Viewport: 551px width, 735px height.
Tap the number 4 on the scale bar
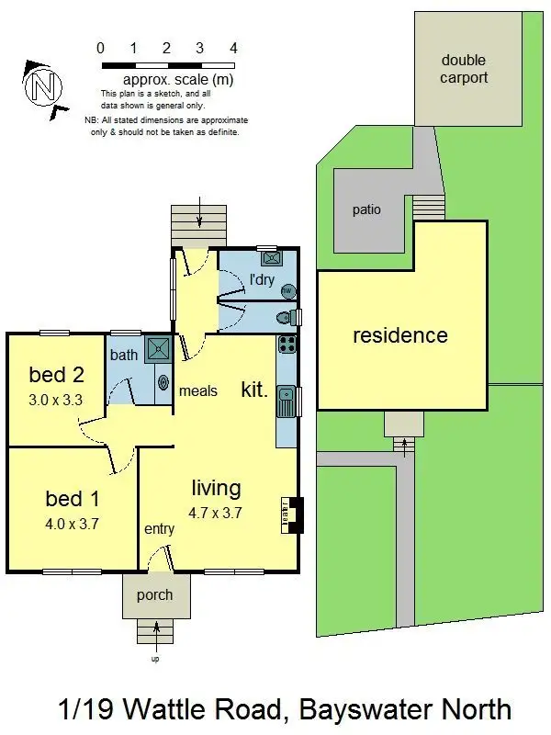click(233, 48)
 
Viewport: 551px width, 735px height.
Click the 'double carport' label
click(463, 69)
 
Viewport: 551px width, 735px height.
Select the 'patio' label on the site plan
click(366, 209)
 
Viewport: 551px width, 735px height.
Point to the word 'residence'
click(400, 335)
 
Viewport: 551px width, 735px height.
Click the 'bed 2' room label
click(56, 375)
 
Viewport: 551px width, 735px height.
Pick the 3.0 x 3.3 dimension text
click(56, 400)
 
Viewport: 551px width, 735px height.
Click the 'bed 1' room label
click(73, 499)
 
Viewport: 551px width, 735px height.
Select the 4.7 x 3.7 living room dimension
click(217, 514)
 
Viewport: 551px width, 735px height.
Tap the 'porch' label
click(154, 594)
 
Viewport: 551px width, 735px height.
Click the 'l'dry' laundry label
click(263, 279)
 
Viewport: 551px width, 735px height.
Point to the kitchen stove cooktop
click(287, 347)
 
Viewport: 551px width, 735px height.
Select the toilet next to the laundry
click(287, 318)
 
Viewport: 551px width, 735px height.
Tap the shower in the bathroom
click(158, 347)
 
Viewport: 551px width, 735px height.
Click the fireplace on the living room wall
click(293, 514)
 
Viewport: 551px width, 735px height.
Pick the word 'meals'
click(198, 390)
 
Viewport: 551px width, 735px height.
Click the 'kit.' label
click(254, 390)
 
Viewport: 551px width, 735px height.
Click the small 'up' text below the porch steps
click(154, 659)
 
